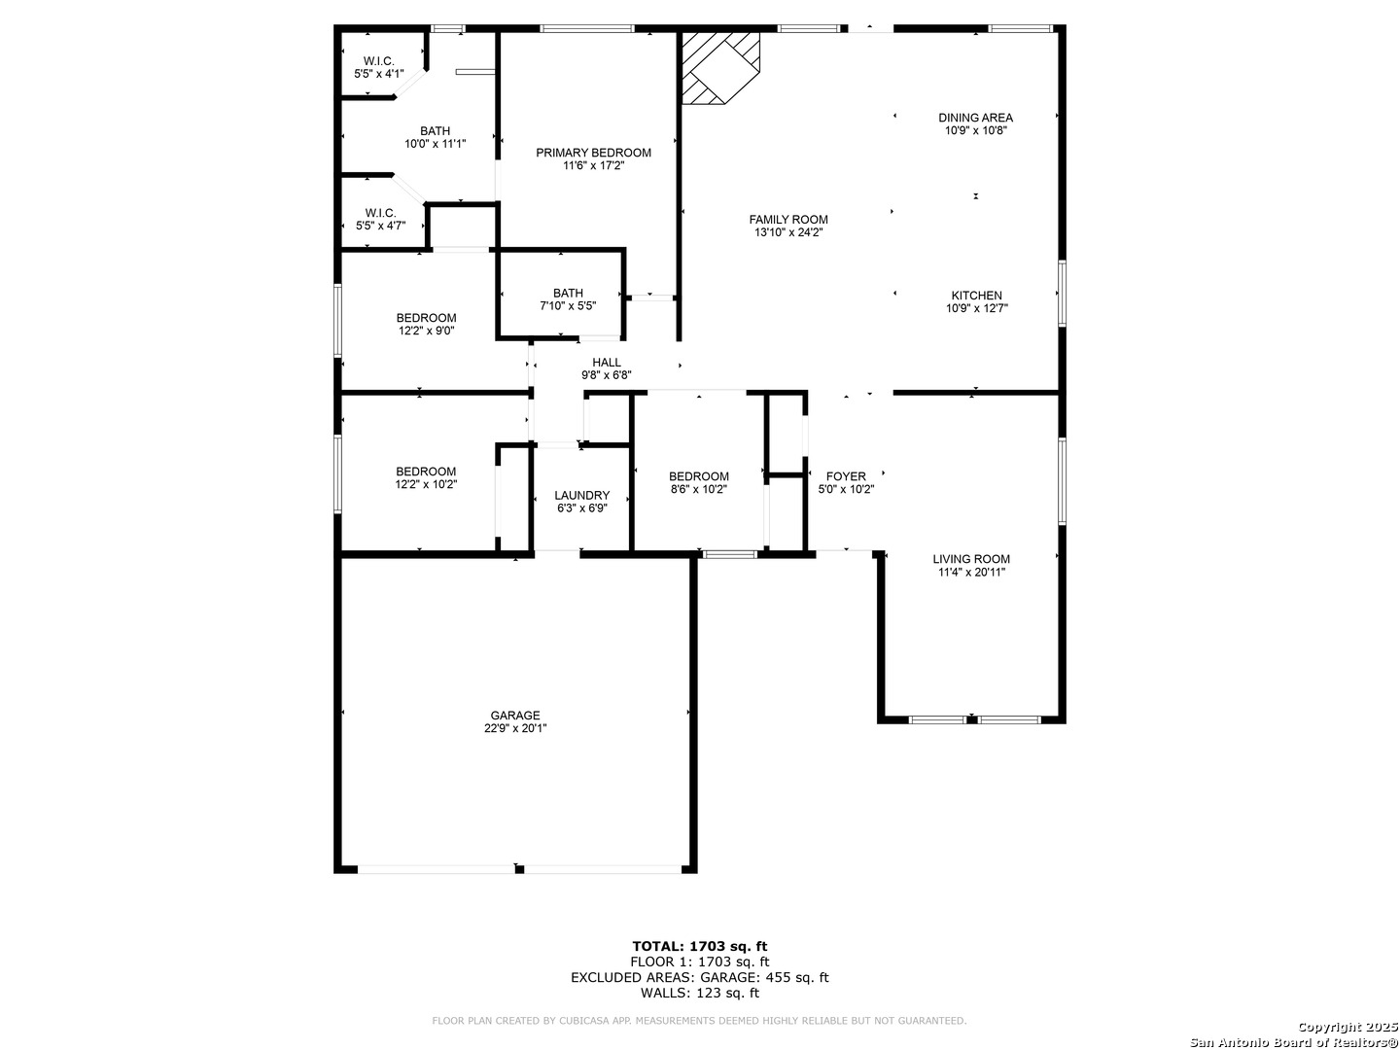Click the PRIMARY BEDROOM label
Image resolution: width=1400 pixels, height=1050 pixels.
(592, 153)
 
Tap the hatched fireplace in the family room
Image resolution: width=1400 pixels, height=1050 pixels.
(720, 68)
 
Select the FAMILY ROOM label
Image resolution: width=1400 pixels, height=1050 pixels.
(787, 220)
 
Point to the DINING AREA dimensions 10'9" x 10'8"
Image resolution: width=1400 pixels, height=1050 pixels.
(975, 130)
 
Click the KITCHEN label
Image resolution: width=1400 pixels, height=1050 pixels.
(976, 296)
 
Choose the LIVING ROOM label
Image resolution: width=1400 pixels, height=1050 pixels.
(970, 559)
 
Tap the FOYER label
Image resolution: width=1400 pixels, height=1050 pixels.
(845, 476)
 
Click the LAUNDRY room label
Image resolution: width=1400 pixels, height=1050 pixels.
(581, 496)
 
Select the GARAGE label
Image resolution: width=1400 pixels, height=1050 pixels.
(514, 716)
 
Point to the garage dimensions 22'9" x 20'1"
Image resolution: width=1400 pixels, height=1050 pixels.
(514, 728)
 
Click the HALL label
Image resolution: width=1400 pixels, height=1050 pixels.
(606, 362)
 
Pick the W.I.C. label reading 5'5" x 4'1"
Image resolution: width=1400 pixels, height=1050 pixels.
(379, 67)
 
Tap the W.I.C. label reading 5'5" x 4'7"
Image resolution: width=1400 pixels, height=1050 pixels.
(380, 219)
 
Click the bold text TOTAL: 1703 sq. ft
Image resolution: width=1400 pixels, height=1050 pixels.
(699, 946)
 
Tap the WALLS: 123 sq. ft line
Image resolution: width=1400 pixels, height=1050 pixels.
(699, 993)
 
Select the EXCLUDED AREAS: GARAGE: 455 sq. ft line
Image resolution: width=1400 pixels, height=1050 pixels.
(699, 977)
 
